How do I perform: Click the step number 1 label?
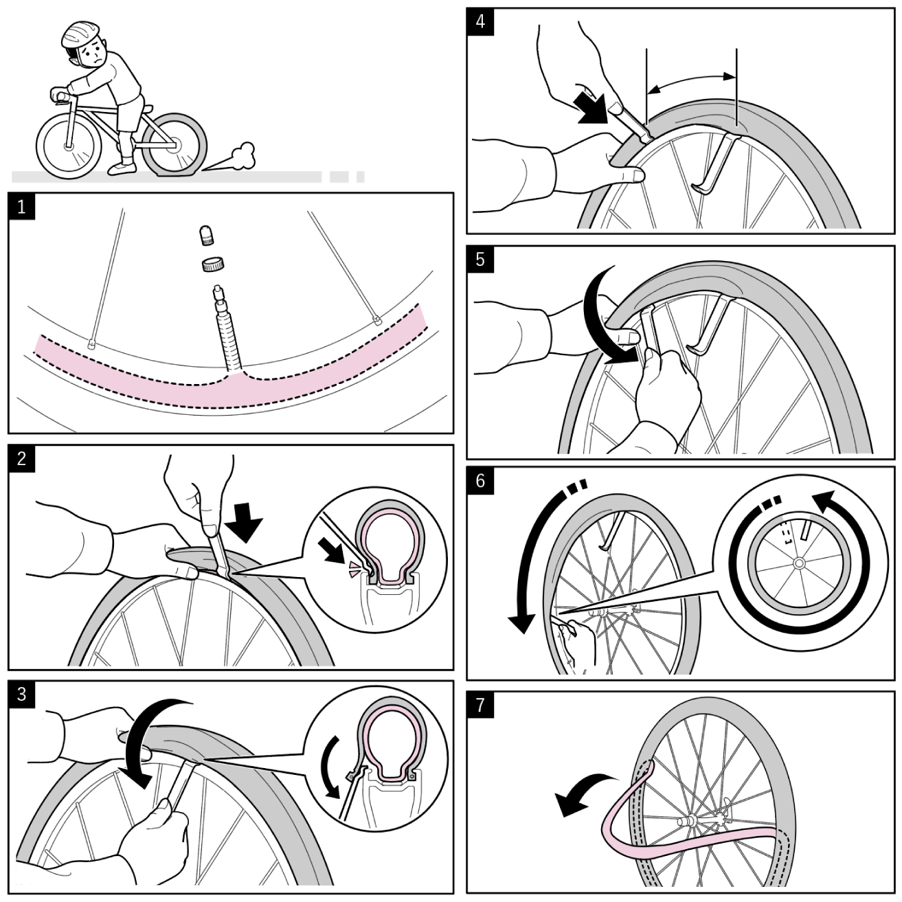tap(22, 206)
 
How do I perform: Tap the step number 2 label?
tap(22, 458)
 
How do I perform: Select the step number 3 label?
tap(22, 694)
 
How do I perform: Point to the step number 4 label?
tap(480, 21)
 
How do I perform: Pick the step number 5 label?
tap(480, 259)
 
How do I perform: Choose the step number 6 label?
tap(480, 480)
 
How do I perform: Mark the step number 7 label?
tap(480, 705)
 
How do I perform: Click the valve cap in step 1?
tap(205, 236)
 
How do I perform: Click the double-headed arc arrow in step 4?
tap(691, 82)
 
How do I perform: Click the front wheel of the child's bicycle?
tap(68, 146)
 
